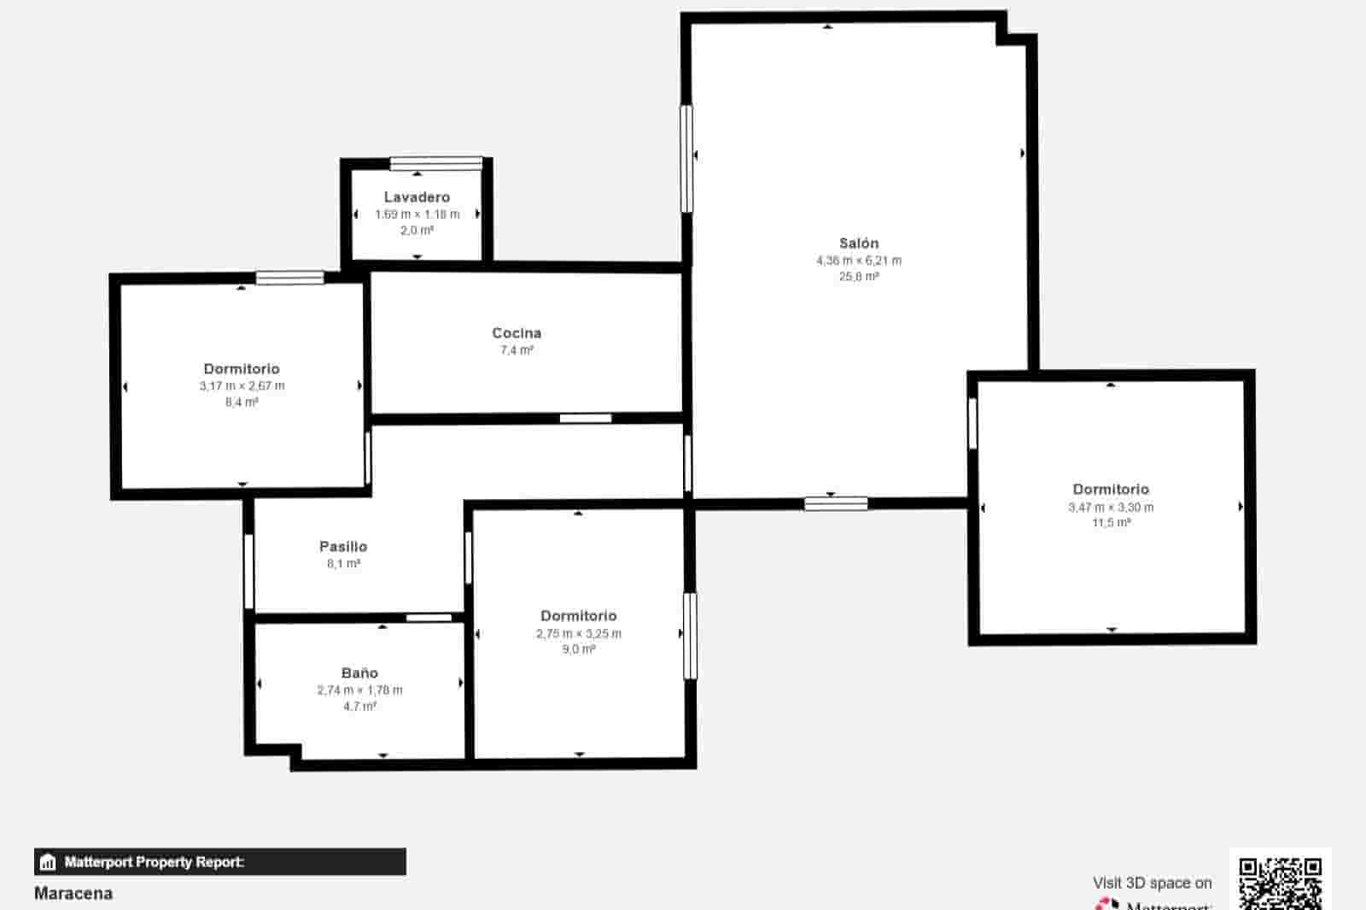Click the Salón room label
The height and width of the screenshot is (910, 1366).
tap(858, 244)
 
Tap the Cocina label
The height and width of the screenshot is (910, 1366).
tap(517, 333)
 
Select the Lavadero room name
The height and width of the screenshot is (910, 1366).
tap(417, 197)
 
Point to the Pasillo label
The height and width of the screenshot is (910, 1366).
tap(343, 547)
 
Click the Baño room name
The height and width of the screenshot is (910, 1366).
tap(359, 673)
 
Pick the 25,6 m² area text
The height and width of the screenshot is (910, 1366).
tap(858, 277)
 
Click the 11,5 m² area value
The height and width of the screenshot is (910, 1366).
tap(1111, 523)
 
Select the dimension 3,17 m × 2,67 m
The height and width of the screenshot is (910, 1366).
tap(242, 386)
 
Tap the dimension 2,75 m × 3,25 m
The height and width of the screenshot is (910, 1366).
tap(579, 634)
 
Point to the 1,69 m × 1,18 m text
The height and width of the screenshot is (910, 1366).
tap(417, 214)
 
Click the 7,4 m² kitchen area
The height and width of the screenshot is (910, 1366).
tap(517, 350)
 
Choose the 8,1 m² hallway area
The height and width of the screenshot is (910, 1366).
tap(343, 564)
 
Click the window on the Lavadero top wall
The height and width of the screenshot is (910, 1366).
tap(436, 163)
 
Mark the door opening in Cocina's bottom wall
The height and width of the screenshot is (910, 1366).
tap(586, 418)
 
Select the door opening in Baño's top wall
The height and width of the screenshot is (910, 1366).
tap(429, 618)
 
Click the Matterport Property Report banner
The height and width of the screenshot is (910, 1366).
tap(219, 861)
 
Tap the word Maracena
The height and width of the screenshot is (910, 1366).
tap(73, 894)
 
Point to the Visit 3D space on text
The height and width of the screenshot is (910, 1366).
tap(1152, 883)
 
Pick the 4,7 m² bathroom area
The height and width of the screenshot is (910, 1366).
tap(359, 707)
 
